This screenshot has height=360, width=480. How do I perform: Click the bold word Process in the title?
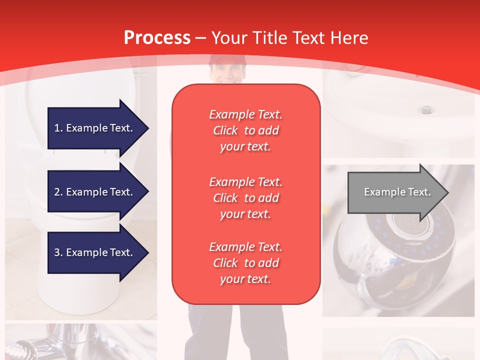[157, 38]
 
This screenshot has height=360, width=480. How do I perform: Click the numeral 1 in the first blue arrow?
[57, 128]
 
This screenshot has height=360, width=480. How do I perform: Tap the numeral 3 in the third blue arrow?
[57, 252]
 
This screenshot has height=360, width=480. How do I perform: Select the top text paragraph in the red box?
[245, 130]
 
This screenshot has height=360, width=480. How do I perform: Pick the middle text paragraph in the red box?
[245, 198]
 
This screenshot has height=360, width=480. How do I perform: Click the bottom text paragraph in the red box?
[245, 263]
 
